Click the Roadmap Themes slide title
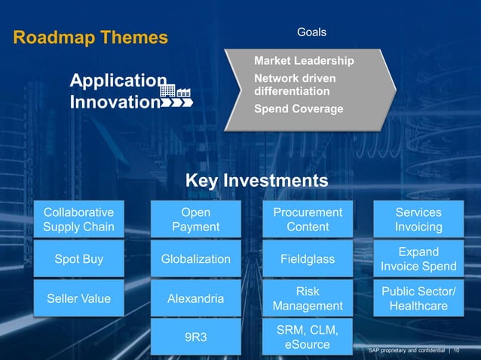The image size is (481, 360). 90,37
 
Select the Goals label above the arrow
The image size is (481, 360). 311,32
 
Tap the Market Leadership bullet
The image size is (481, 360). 304,60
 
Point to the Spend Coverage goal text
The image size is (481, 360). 299,109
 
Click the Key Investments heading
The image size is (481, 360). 256,181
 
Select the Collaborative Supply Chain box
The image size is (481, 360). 79,219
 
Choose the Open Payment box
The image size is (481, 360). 196,219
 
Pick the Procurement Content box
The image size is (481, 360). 308,219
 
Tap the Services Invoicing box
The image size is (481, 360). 418,219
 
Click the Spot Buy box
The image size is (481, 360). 79,259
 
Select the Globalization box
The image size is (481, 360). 196,259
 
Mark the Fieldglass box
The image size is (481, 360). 308,259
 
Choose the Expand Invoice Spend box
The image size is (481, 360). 418,259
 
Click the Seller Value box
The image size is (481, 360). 79,299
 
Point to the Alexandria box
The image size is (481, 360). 196,299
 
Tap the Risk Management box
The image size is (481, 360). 308,299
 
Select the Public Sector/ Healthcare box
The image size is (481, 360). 418,299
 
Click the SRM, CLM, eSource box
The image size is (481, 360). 308,337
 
